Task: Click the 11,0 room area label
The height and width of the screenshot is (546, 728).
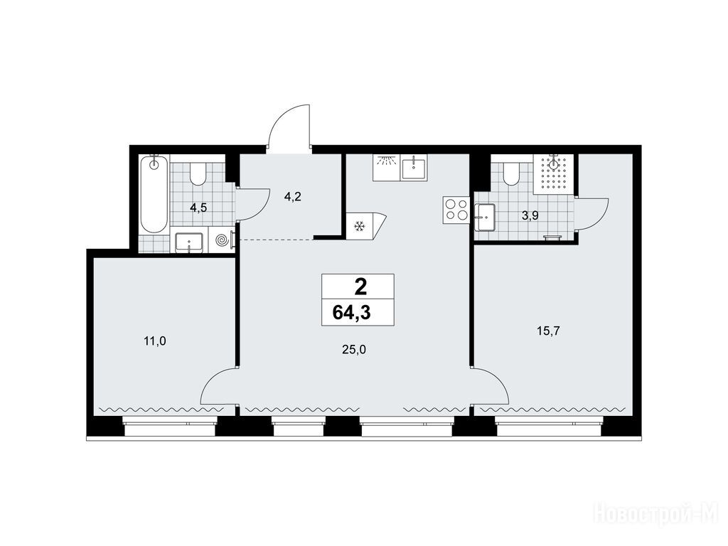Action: point(155,342)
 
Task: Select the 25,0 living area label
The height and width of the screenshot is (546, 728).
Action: point(354,350)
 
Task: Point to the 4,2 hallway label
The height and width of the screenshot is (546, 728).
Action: point(293,196)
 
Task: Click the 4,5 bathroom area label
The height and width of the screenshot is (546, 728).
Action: point(198,208)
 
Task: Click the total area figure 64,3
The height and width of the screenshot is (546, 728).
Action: point(351,313)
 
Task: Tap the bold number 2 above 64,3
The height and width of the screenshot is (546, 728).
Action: point(360,287)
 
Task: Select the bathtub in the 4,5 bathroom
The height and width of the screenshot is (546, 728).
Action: point(154,195)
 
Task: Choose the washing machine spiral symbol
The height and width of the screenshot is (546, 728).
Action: point(222,240)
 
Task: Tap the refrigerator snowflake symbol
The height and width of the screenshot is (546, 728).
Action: point(359,227)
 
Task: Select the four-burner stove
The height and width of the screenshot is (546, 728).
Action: point(456,209)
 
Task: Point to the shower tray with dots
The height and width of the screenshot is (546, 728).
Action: point(554,174)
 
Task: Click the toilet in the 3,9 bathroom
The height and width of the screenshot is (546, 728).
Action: point(511,173)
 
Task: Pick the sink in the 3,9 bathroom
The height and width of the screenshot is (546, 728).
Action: point(484,217)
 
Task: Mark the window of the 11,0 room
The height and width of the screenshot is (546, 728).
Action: point(170,427)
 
